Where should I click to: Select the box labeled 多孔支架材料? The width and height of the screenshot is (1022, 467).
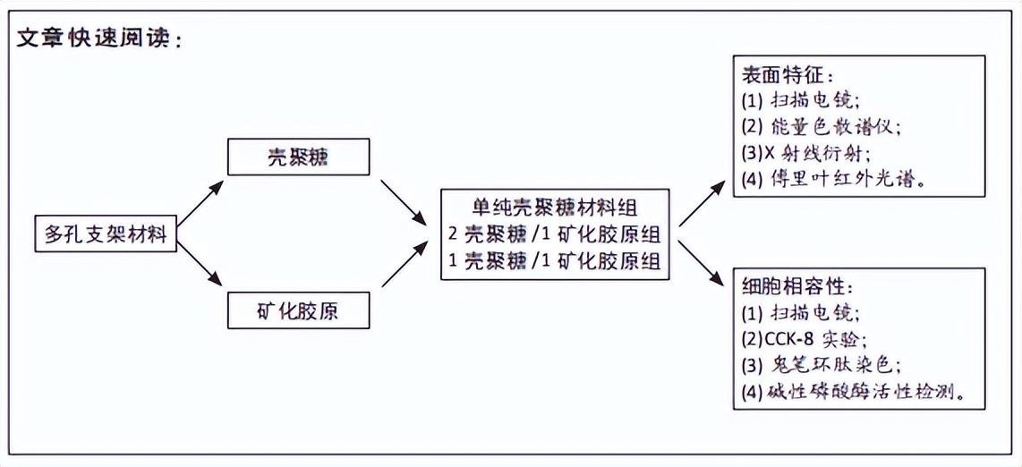click(106, 233)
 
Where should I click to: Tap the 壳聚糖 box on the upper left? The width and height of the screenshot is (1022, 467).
click(297, 157)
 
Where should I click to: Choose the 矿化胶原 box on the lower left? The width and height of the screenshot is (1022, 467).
click(297, 310)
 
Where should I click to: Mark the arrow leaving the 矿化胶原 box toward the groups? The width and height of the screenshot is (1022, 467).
click(404, 264)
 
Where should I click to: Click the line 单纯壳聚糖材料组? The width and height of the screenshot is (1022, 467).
click(556, 208)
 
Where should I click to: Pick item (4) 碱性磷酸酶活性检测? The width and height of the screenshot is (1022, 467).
click(854, 391)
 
